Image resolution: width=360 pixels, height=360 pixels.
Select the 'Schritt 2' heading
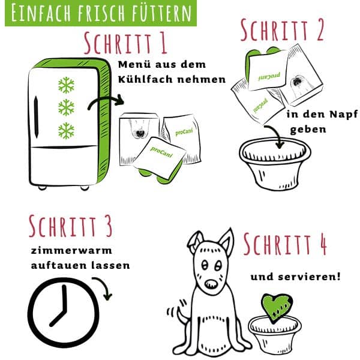click(x=281, y=31)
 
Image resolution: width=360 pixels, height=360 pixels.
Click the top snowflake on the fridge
click(x=66, y=85)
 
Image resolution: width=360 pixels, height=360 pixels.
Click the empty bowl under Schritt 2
click(x=278, y=165)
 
